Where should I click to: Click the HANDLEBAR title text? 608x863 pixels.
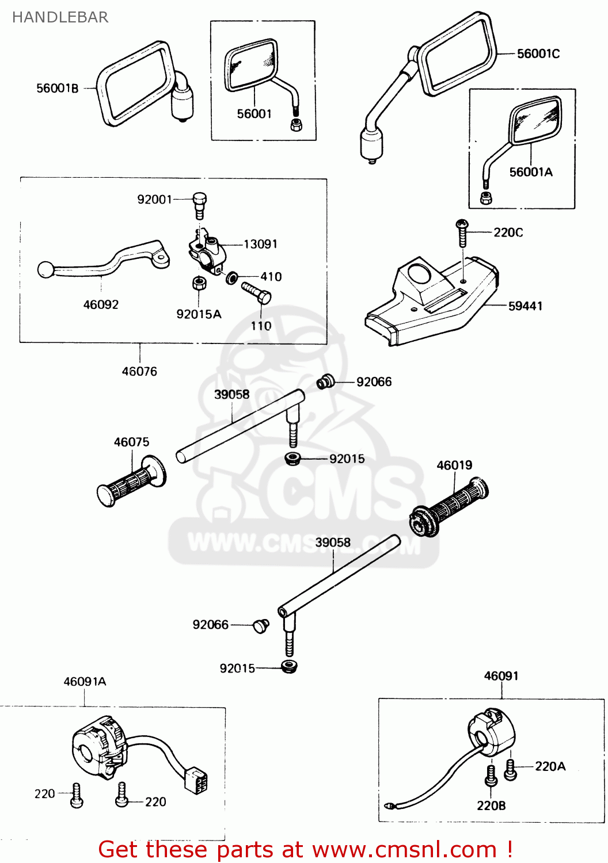pos(60,17)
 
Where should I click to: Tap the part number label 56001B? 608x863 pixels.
pos(57,88)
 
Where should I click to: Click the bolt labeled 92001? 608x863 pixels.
pos(199,205)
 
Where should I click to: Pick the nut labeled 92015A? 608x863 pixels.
pos(199,283)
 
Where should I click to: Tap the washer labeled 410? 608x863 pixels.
pos(232,277)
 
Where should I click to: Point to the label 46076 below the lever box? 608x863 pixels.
pos(139,371)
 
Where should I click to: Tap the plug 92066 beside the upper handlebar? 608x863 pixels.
pos(325,381)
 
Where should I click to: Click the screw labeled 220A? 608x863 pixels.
pos(510,770)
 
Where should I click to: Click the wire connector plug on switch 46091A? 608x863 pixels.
pos(196,780)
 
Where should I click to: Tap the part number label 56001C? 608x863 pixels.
pos(538,54)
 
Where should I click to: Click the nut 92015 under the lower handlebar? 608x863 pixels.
pos(289,667)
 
